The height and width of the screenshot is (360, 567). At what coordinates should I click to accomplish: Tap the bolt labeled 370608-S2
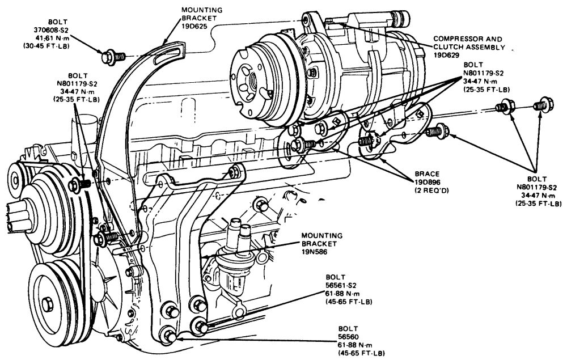107,57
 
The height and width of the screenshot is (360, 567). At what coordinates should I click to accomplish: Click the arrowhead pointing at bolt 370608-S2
100,51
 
